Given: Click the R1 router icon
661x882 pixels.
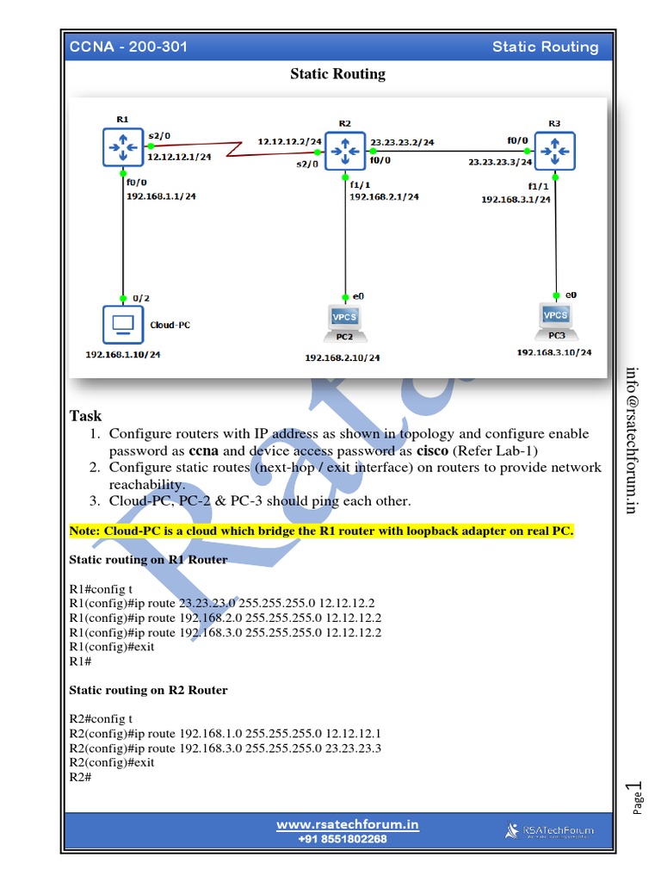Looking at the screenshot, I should point(122,148).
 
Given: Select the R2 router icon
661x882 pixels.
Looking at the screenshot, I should point(345,150).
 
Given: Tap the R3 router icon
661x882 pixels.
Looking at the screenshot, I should point(554,151).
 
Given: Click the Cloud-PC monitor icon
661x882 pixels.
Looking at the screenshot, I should point(122,324).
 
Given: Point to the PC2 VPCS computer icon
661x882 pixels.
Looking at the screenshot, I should point(345,320).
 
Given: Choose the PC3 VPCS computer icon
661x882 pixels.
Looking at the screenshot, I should point(556,318).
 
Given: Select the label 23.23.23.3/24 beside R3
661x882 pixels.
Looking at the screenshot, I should point(500,161).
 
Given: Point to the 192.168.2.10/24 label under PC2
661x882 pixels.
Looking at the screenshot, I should point(343,357).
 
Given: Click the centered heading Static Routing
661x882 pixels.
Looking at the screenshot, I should point(337,74).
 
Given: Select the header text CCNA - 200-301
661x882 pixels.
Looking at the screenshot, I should point(128,47).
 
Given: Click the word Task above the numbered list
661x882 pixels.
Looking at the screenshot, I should point(85,416).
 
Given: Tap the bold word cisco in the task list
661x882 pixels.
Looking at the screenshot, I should point(432,450).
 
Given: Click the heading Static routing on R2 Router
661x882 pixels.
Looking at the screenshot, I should point(148,690).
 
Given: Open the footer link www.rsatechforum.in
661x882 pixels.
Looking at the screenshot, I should point(347,824).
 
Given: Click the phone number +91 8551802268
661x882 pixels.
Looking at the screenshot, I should point(343,839).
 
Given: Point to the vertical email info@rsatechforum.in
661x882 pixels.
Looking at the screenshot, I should point(632,440).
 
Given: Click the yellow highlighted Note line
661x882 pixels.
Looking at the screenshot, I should point(321,531).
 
